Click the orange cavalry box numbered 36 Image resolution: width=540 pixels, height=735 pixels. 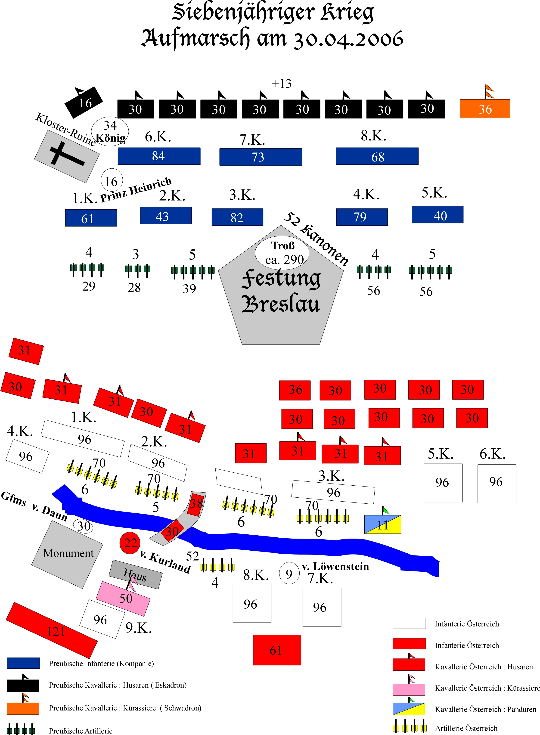coord(484,109)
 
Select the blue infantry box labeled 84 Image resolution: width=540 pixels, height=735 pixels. coord(159,156)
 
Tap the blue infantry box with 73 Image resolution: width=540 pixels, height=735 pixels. coord(261,157)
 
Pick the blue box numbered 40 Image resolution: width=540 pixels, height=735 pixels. coord(437,215)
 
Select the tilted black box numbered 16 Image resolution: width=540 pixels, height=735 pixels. coord(84,102)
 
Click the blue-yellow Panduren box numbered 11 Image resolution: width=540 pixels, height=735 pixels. coord(382,524)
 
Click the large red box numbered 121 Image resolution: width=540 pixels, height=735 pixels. coord(52,630)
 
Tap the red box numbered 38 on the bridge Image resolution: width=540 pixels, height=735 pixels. coord(196,504)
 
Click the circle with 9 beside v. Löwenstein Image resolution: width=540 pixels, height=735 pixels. coord(289,573)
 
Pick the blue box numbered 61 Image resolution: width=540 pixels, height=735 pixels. coord(91,218)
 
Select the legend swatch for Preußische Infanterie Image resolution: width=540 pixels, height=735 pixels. coord(23,663)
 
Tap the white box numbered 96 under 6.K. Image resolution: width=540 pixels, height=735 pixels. coord(497,483)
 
